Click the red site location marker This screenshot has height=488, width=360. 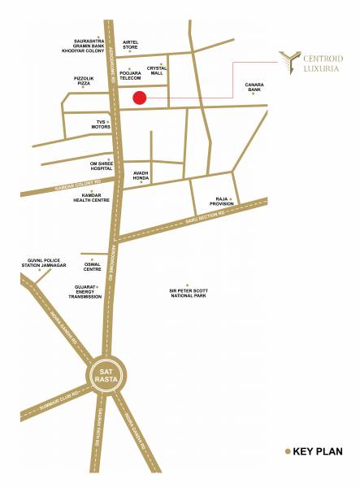139,98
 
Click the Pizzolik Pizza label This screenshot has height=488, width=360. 85,81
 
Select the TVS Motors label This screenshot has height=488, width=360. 101,126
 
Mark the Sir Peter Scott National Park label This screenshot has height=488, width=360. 186,292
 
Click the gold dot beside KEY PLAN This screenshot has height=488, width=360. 287,451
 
